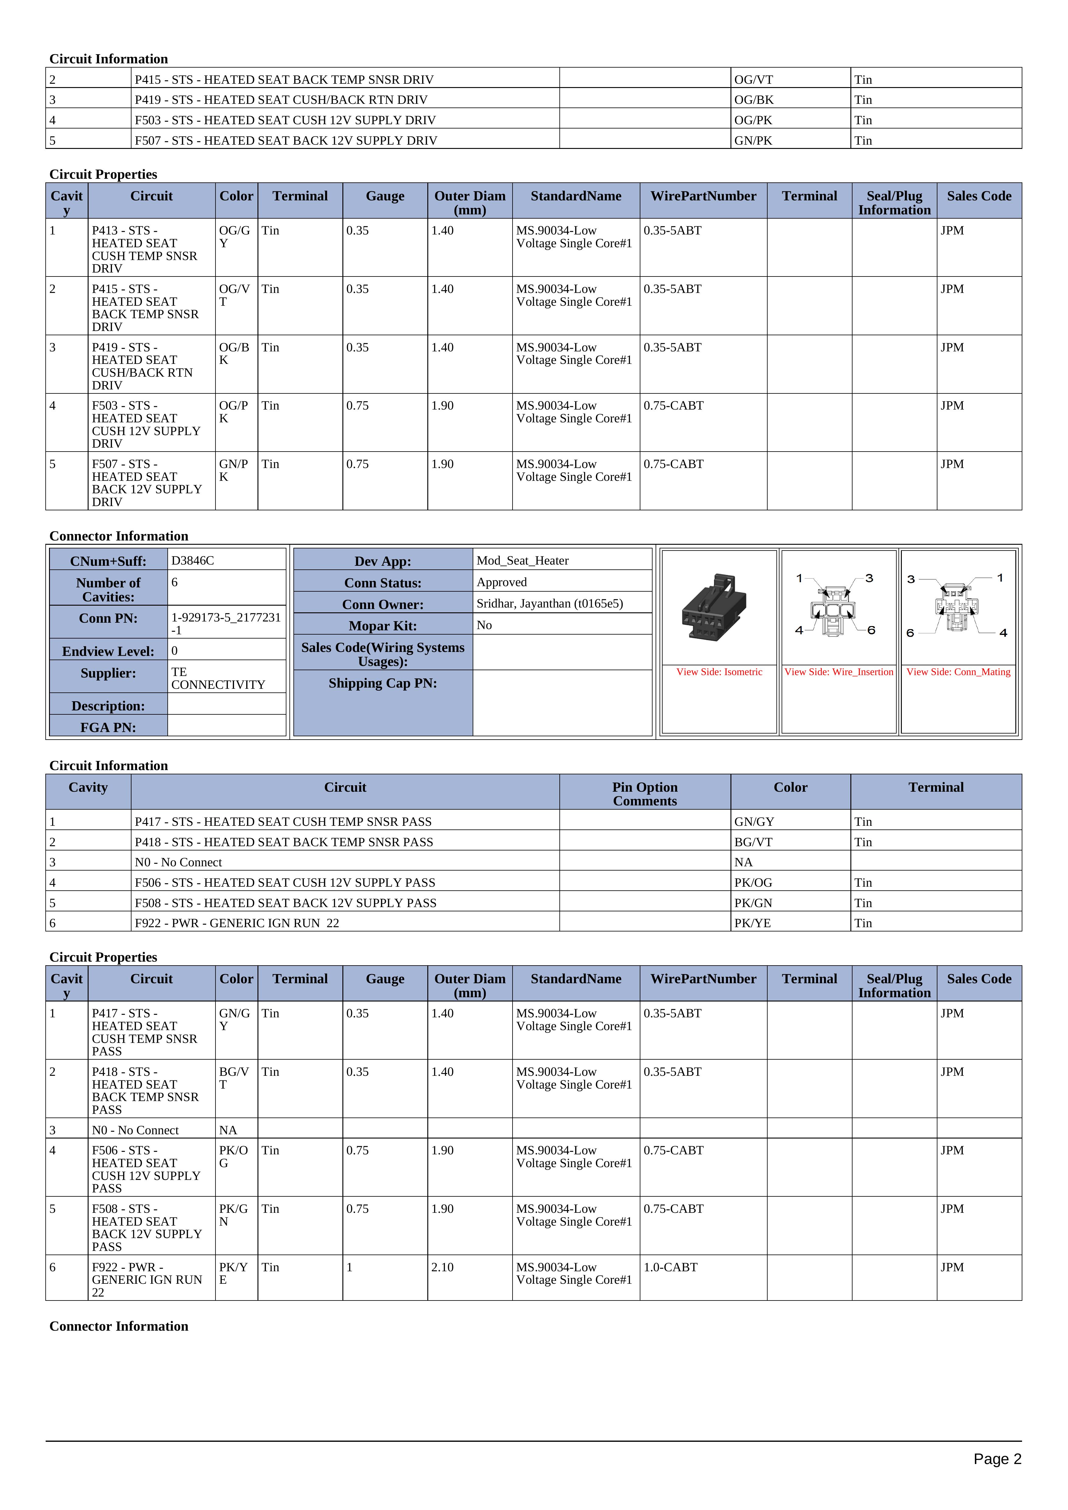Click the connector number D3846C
point(193,561)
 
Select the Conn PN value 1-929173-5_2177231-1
point(226,623)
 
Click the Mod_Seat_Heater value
point(522,561)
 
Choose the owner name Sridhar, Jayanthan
point(549,603)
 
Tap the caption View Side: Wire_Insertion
point(839,672)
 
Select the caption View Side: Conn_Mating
point(958,672)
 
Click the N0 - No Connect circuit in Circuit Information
point(178,862)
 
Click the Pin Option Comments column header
point(645,794)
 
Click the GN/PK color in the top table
point(753,140)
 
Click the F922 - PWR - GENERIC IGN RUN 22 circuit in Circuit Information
point(237,923)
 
